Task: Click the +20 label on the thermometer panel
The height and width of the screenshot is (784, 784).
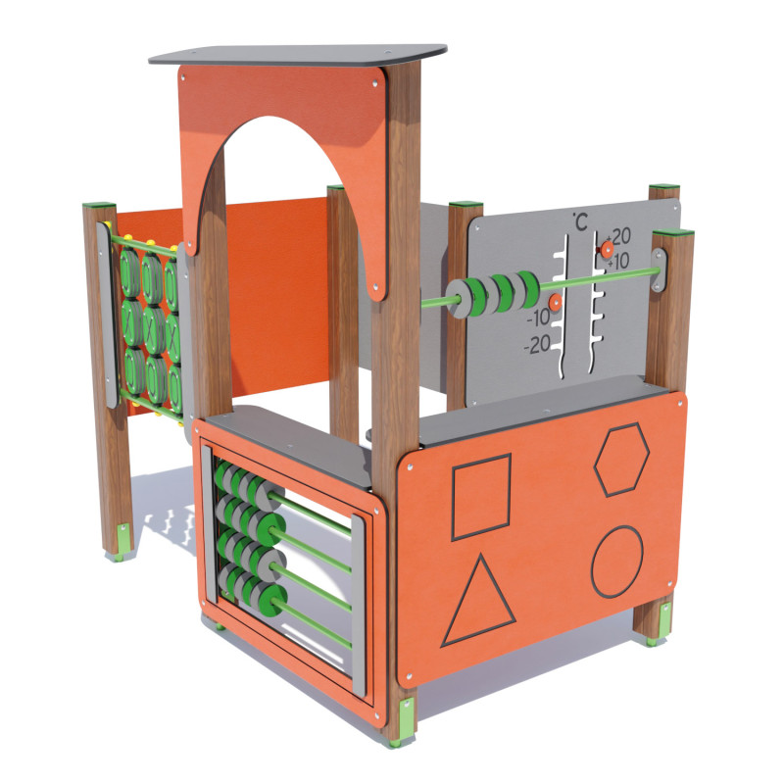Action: [x=618, y=236]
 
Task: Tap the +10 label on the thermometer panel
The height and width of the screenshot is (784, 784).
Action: [x=619, y=261]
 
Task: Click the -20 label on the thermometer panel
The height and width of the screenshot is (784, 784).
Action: [x=537, y=344]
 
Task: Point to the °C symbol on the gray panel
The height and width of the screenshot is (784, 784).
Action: [x=580, y=221]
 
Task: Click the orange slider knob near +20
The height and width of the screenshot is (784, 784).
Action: [x=607, y=249]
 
